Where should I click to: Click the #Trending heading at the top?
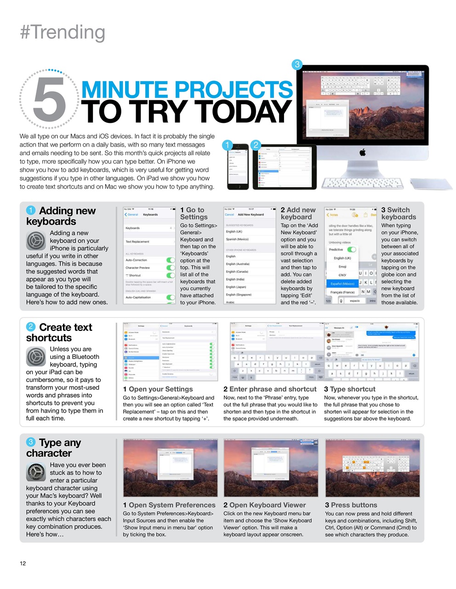(63, 32)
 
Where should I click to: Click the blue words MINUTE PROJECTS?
(187, 89)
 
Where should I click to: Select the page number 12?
(23, 563)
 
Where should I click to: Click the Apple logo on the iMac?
(363, 152)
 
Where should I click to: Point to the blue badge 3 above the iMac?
(297, 64)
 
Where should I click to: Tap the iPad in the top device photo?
(285, 167)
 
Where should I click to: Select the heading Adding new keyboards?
(61, 216)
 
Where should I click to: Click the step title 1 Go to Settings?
(194, 214)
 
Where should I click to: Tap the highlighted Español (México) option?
(342, 283)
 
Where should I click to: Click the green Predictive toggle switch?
(352, 249)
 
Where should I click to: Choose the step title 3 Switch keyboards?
(398, 214)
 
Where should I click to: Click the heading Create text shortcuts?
(59, 332)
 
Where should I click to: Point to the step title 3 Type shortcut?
(349, 389)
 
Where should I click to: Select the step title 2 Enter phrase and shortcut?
(270, 389)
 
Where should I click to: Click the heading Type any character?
(54, 448)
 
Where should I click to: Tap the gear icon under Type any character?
(36, 473)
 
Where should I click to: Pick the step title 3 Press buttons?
(351, 505)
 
